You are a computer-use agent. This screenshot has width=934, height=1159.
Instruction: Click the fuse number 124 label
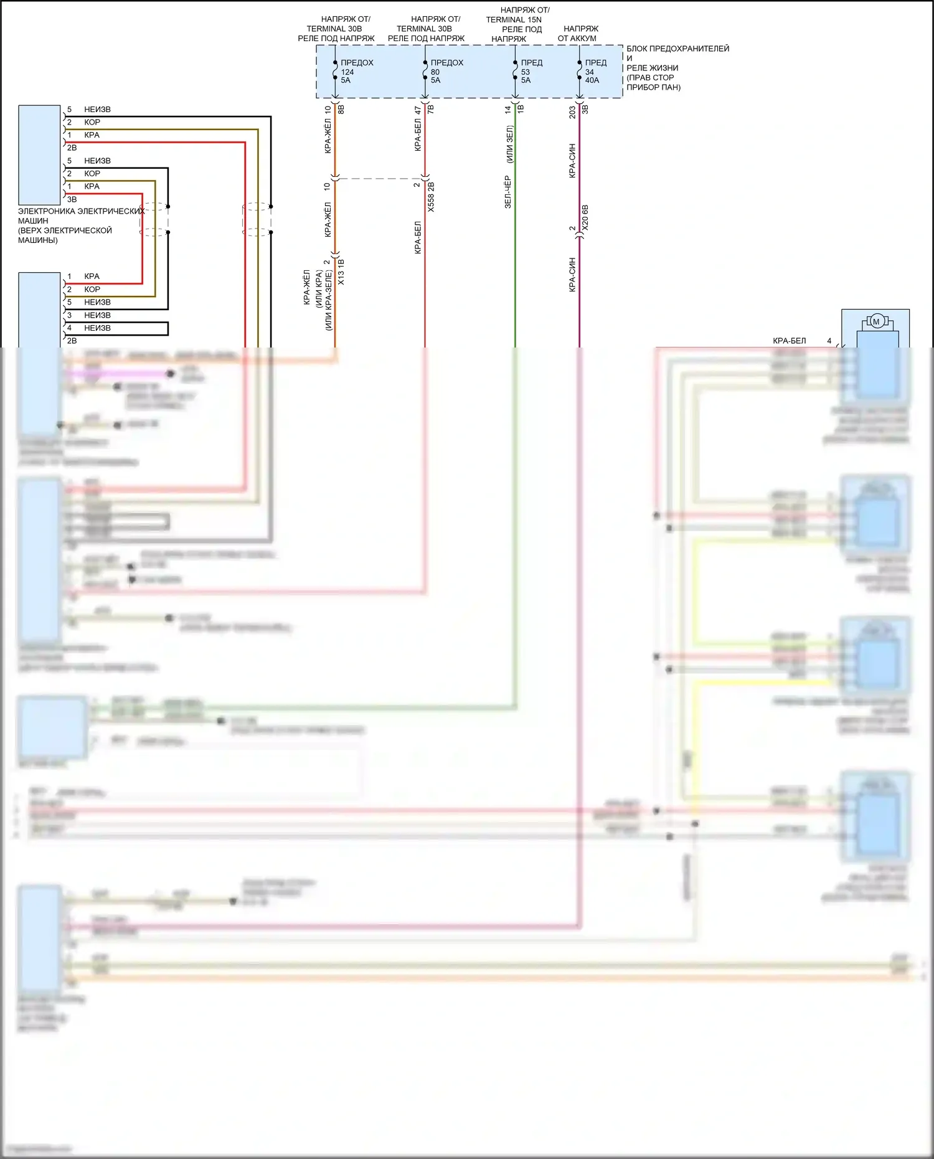[347, 72]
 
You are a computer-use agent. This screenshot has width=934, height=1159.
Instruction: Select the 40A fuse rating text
[592, 80]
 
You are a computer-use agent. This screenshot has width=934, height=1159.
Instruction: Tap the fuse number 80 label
[435, 72]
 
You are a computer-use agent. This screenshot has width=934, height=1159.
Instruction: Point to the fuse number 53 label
[526, 72]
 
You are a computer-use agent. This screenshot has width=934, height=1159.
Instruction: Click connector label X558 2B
[431, 197]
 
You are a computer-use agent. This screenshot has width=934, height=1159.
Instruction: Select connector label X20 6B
[585, 218]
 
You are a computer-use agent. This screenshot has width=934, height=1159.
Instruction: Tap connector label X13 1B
[341, 272]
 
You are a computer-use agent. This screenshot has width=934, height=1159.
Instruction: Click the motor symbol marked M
[877, 322]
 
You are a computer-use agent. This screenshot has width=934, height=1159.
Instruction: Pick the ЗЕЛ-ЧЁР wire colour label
[507, 192]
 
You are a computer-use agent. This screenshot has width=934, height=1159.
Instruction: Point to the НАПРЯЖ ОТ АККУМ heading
[578, 34]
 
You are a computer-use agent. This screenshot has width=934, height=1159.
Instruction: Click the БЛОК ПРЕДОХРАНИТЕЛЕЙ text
[677, 49]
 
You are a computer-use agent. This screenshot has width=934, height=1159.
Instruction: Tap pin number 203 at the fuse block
[572, 112]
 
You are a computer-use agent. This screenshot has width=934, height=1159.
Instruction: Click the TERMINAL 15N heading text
[514, 20]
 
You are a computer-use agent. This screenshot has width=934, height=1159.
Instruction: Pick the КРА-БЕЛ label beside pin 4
[789, 341]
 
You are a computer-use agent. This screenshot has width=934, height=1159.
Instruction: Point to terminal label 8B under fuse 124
[341, 109]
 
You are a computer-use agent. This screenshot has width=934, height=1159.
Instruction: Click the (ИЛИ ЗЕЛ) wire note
[509, 144]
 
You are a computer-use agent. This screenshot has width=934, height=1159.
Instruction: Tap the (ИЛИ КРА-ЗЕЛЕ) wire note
[328, 300]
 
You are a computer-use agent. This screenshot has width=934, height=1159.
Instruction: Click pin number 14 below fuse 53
[507, 109]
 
